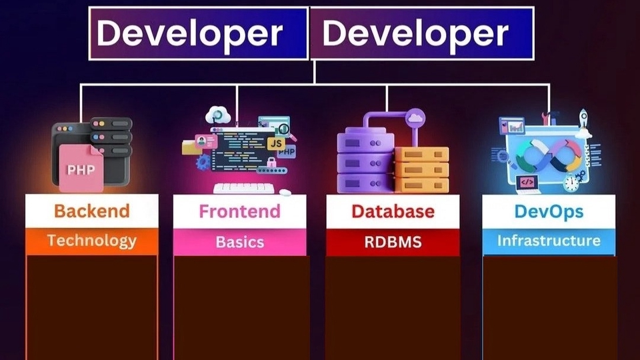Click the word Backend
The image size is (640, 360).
(91, 211)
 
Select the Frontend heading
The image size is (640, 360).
(239, 211)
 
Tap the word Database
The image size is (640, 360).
(393, 211)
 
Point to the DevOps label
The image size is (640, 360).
(549, 211)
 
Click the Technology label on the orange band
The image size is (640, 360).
(91, 241)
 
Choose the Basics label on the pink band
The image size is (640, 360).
(239, 241)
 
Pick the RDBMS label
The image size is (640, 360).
(393, 241)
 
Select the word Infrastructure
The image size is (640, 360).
(549, 241)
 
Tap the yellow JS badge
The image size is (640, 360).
(276, 143)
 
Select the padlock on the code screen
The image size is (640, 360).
(271, 163)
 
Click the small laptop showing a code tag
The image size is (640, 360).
(526, 181)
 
